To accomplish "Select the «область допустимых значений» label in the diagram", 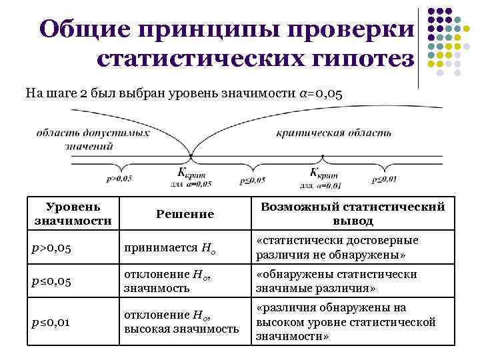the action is click(x=93, y=139).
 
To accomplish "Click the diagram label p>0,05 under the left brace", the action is click(x=119, y=179).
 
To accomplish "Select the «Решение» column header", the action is click(x=185, y=214).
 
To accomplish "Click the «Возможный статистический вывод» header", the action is click(x=353, y=213).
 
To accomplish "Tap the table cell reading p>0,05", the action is click(x=52, y=248).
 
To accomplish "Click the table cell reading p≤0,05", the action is click(x=52, y=281).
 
